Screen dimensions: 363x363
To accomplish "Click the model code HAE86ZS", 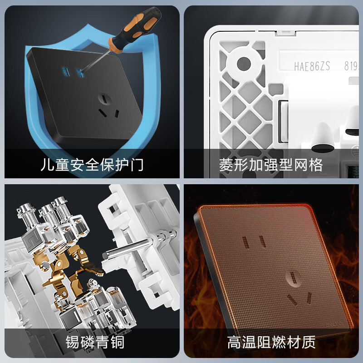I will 312,67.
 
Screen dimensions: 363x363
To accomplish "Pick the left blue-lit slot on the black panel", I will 63,72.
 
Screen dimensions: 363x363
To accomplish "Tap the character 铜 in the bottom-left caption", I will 117,342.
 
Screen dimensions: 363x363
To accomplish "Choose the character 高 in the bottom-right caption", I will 235,342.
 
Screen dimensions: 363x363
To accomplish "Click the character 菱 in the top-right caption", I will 227,164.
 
